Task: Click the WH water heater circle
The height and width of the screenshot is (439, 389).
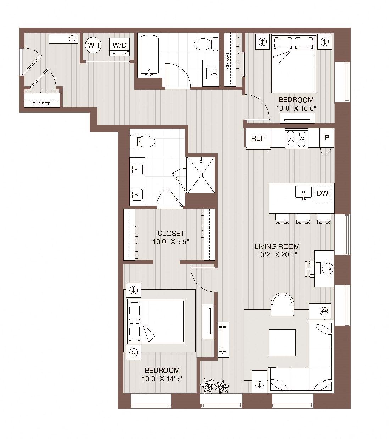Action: (x=94, y=45)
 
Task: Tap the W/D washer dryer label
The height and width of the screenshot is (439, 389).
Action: (x=120, y=45)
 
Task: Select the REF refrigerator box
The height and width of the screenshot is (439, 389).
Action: (x=258, y=138)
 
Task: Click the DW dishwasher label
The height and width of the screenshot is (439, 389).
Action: (x=323, y=193)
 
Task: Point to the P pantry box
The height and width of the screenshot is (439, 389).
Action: (x=327, y=138)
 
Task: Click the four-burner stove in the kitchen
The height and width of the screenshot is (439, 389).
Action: (x=296, y=138)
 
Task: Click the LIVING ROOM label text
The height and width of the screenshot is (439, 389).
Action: (x=277, y=246)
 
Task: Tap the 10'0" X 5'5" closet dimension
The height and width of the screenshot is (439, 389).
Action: (x=171, y=242)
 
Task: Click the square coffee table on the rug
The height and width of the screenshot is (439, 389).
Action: (x=282, y=342)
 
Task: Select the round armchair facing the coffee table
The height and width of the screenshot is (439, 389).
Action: (x=282, y=304)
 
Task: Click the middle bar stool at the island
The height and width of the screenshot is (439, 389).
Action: (x=303, y=219)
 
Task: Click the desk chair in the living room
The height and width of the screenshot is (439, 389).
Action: (x=310, y=269)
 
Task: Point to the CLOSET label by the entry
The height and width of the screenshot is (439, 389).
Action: (x=41, y=104)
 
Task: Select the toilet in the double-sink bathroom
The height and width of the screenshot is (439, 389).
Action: (x=142, y=142)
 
